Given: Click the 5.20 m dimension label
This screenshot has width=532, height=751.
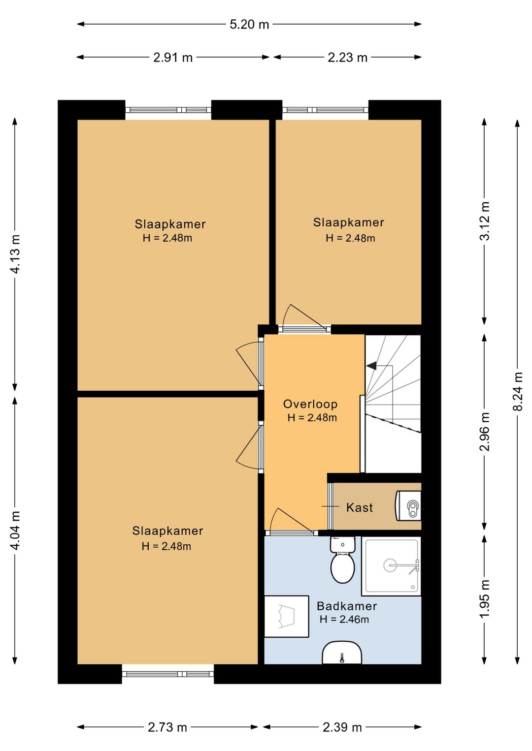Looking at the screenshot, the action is coord(249,25).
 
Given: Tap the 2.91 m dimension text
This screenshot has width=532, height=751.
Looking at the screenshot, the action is coord(173,58).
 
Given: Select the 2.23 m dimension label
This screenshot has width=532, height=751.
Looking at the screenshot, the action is coord(347,58).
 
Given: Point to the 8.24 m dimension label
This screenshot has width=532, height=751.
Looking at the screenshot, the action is coord(518,391).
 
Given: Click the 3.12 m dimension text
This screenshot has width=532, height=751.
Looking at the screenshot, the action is coord(485,221).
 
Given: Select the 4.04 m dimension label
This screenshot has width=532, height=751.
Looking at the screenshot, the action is coord(15,531).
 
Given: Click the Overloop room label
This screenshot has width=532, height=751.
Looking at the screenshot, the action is coord(310,404).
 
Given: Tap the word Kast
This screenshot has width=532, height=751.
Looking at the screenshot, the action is coord(360,507).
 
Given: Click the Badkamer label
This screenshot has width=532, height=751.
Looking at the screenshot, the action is coord(347,606).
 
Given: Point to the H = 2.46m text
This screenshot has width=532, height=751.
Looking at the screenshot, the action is coord(344,619).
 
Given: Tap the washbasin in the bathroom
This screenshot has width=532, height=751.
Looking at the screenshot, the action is coord(342,652).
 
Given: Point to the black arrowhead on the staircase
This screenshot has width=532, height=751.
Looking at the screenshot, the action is coord(371,366).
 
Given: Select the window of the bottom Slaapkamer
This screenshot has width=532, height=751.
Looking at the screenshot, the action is coord(168,674).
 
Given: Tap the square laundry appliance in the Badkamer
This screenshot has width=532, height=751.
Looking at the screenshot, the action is coord(286,617).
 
